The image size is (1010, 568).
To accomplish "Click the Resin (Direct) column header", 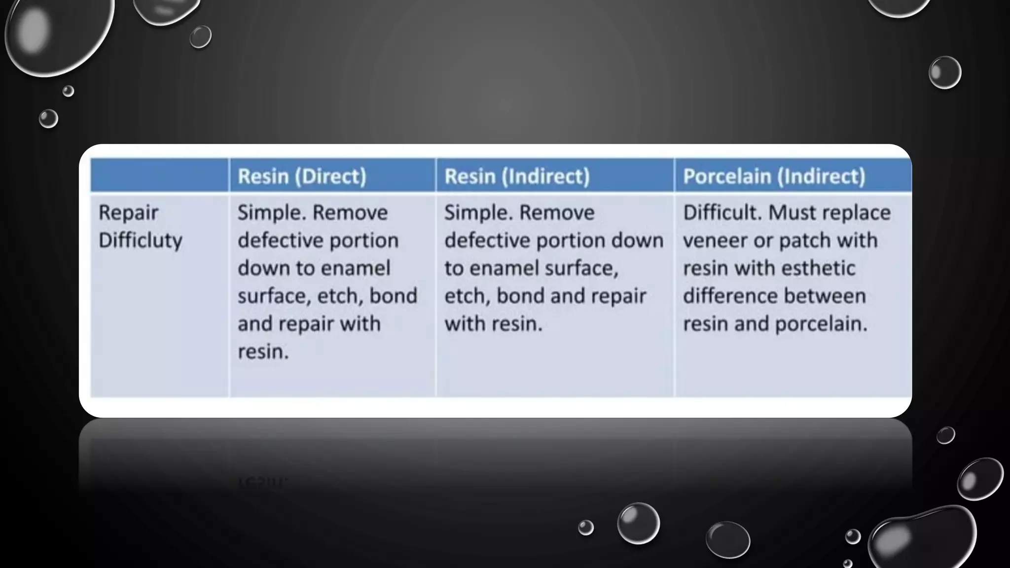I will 302,176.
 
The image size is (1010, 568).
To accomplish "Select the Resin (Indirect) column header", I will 517,176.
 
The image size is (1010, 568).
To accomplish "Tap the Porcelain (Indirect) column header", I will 774,176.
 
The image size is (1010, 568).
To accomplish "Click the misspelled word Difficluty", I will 141,240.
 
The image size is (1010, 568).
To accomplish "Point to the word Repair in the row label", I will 128,213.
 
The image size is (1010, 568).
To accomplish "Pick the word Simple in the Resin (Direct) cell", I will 271,213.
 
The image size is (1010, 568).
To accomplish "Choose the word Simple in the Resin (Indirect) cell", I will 477,213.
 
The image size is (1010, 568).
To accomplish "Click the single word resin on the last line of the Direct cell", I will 263,352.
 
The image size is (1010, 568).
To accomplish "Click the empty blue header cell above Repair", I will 159,176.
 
